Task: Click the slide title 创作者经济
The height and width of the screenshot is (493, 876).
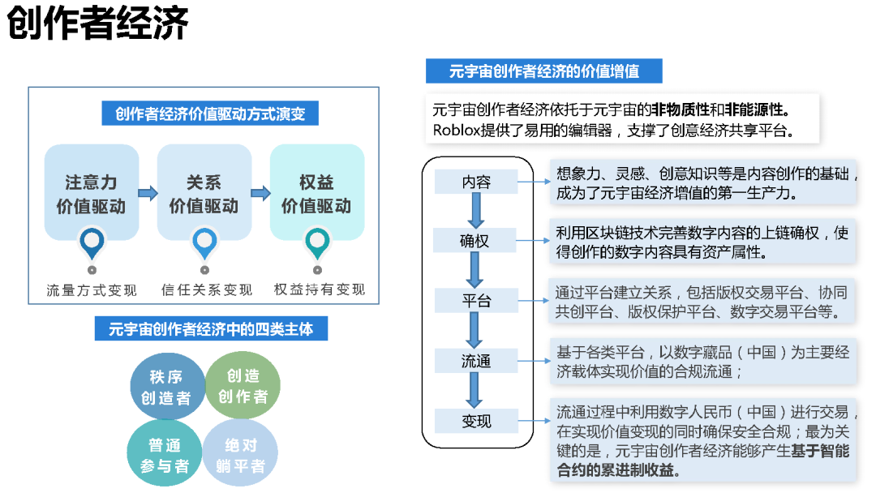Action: pyautogui.click(x=98, y=24)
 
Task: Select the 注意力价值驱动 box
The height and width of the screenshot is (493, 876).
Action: pyautogui.click(x=91, y=193)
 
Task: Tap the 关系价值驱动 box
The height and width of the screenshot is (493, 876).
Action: pyautogui.click(x=204, y=193)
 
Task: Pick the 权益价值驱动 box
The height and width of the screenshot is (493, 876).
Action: pyautogui.click(x=316, y=193)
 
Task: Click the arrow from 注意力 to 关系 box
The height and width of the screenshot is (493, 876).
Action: pyautogui.click(x=148, y=193)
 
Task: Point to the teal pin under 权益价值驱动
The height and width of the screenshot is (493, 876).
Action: pyautogui.click(x=317, y=241)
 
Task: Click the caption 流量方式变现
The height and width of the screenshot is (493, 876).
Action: pyautogui.click(x=92, y=289)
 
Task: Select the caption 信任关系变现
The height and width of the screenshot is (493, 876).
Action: pyautogui.click(x=206, y=289)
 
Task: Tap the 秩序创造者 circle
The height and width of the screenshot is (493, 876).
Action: pyautogui.click(x=166, y=387)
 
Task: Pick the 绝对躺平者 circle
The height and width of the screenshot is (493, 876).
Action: pyautogui.click(x=241, y=455)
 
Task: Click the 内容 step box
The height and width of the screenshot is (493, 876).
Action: pyautogui.click(x=476, y=182)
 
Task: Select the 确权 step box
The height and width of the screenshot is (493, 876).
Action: pyautogui.click(x=476, y=241)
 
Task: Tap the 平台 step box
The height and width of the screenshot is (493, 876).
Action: pyautogui.click(x=476, y=301)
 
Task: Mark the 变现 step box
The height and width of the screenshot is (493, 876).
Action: pyautogui.click(x=476, y=421)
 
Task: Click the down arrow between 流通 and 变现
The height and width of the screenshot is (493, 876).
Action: pyautogui.click(x=476, y=391)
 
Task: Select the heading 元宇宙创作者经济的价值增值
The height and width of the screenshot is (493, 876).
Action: pyautogui.click(x=543, y=71)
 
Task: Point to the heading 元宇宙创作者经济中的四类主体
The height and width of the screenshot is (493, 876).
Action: pyautogui.click(x=211, y=329)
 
